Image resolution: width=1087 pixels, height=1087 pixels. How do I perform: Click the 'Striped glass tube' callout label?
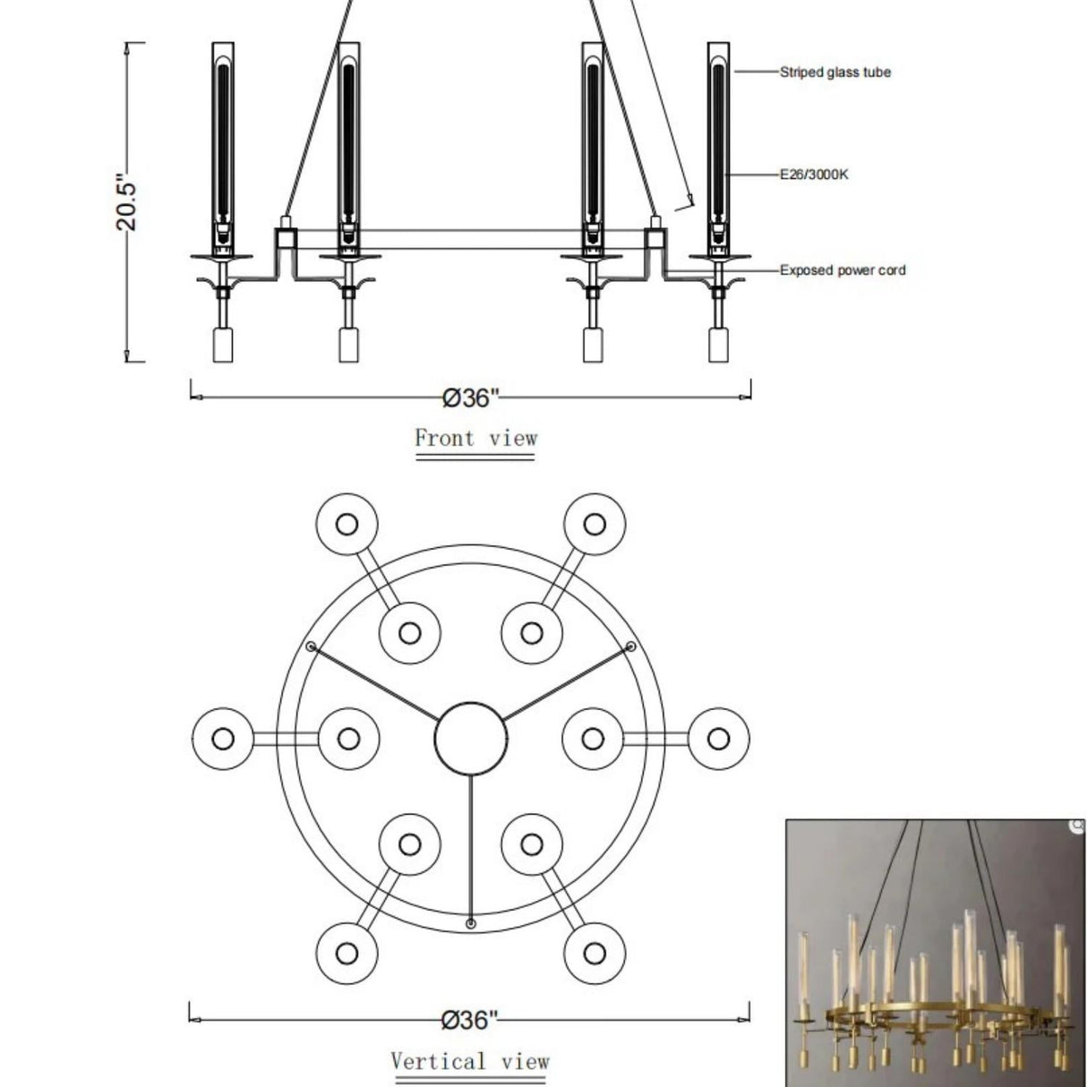[x=835, y=73]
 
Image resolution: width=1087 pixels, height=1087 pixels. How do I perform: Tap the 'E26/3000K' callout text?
[x=813, y=175]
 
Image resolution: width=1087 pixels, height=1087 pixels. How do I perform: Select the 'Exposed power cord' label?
[x=842, y=270]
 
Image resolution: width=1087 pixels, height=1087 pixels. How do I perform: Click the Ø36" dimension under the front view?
[x=469, y=398]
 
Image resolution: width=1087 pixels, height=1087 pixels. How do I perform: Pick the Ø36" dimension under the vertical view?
[x=469, y=1020]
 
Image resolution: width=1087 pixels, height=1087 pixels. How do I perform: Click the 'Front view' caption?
[x=475, y=438]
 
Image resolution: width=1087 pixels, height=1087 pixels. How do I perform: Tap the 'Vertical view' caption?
[x=469, y=1062]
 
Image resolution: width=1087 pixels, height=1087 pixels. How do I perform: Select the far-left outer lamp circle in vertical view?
[x=224, y=739]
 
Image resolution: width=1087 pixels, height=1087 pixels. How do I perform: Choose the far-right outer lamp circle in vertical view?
[x=718, y=739]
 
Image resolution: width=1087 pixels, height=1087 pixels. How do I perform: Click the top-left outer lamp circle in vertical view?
[x=347, y=524]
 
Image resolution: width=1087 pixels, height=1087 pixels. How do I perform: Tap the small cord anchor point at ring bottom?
[x=471, y=922]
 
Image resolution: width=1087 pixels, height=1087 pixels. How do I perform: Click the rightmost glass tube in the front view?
[x=718, y=143]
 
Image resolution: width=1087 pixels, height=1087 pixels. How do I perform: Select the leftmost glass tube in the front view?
[x=223, y=143]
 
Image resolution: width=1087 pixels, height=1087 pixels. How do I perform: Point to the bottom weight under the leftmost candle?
[x=223, y=345]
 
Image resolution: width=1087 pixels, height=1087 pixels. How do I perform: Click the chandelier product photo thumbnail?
[x=935, y=953]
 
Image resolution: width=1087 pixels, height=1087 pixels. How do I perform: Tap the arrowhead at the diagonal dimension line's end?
[x=690, y=201]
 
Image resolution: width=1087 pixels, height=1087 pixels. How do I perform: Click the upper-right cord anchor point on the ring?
[x=630, y=646]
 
